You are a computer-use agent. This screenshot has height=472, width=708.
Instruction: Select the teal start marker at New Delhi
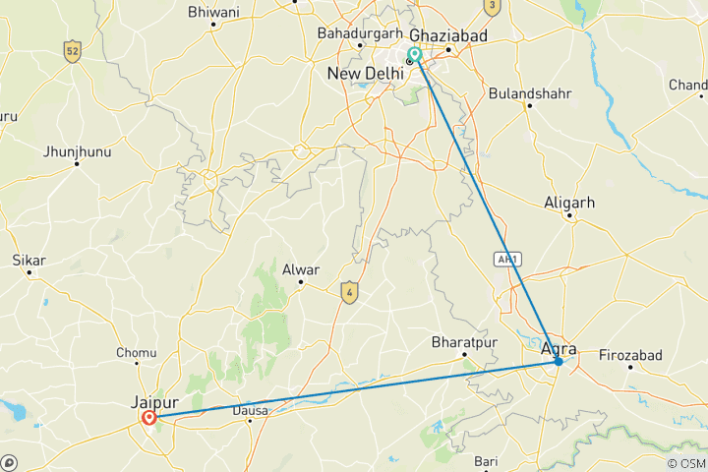[415, 55]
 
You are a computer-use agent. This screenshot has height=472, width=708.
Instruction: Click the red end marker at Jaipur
[149, 418]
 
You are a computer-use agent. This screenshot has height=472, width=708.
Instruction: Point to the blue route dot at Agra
[558, 362]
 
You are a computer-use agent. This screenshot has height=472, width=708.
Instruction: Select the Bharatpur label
[461, 343]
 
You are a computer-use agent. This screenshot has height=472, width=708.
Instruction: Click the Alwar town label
[302, 268]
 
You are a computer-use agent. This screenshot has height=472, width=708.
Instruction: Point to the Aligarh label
[569, 203]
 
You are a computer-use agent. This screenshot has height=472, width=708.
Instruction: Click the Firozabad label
[630, 355]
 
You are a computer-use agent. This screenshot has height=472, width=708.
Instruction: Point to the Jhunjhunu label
[77, 151]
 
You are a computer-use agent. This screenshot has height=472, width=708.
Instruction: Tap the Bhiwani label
[212, 12]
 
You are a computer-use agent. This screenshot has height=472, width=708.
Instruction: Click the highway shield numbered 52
[71, 51]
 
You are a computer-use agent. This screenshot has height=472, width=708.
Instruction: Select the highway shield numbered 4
[348, 291]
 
